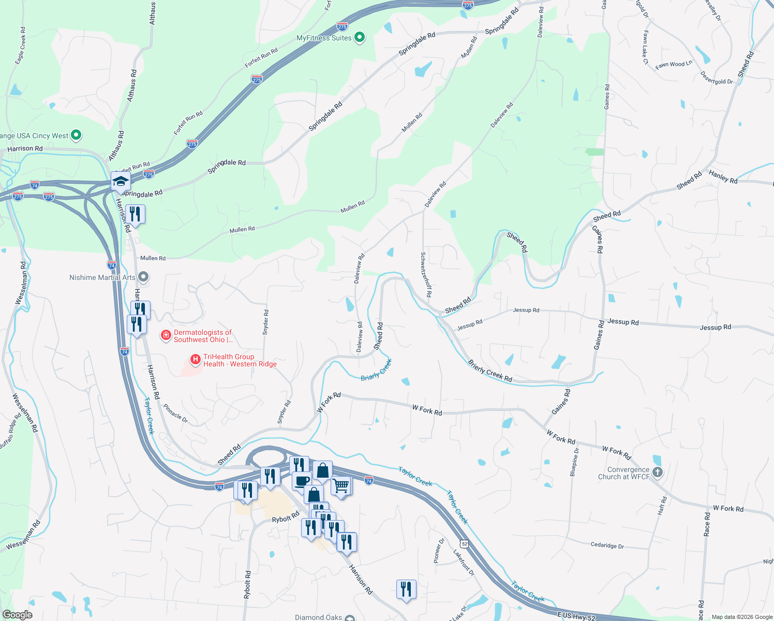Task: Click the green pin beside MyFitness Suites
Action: pyautogui.click(x=360, y=37)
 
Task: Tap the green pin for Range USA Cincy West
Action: pyautogui.click(x=76, y=136)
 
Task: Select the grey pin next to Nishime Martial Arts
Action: pyautogui.click(x=144, y=277)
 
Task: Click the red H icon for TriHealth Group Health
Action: pyautogui.click(x=195, y=359)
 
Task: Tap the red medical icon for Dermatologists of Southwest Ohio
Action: pyautogui.click(x=166, y=335)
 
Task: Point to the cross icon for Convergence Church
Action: pyautogui.click(x=657, y=472)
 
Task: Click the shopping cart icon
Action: pyautogui.click(x=341, y=486)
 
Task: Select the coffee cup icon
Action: pyautogui.click(x=302, y=481)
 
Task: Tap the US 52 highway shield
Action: pyautogui.click(x=464, y=544)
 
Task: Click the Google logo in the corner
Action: pyautogui.click(x=17, y=615)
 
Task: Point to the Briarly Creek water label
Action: pyautogui.click(x=376, y=370)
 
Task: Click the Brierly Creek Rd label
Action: pyautogui.click(x=490, y=371)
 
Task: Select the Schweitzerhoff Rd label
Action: pyautogui.click(x=426, y=274)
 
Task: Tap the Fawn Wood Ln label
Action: pyautogui.click(x=673, y=65)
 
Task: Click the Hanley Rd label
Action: pyautogui.click(x=723, y=176)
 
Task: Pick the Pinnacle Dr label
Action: pyautogui.click(x=175, y=413)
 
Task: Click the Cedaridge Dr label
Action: pyautogui.click(x=607, y=545)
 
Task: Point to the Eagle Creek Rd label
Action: pyautogui.click(x=20, y=46)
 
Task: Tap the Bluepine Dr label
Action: pyautogui.click(x=574, y=462)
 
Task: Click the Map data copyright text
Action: pyautogui.click(x=741, y=617)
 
